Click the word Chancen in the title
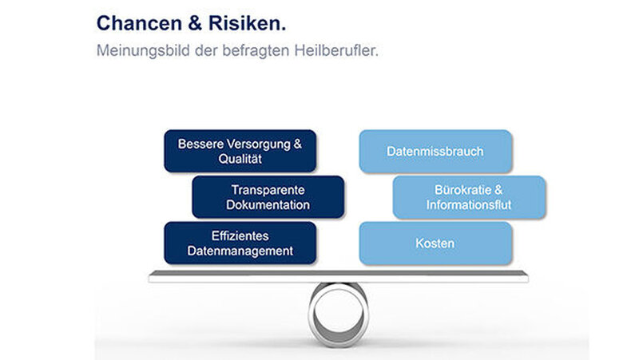click(x=139, y=23)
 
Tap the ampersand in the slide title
click(x=195, y=23)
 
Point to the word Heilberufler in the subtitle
click(x=336, y=50)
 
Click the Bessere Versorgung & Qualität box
click(x=240, y=151)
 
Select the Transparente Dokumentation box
click(x=268, y=197)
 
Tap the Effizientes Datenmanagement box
click(x=240, y=243)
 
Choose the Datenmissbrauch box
click(x=435, y=152)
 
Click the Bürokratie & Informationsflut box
click(x=469, y=197)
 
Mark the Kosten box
click(x=435, y=243)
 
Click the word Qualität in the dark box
click(x=240, y=159)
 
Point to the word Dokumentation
click(x=268, y=205)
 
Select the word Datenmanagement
click(x=240, y=251)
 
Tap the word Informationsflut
click(x=469, y=205)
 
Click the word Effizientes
click(x=240, y=235)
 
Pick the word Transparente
click(x=268, y=190)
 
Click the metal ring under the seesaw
click(x=312, y=315)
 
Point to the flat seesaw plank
click(x=338, y=276)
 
